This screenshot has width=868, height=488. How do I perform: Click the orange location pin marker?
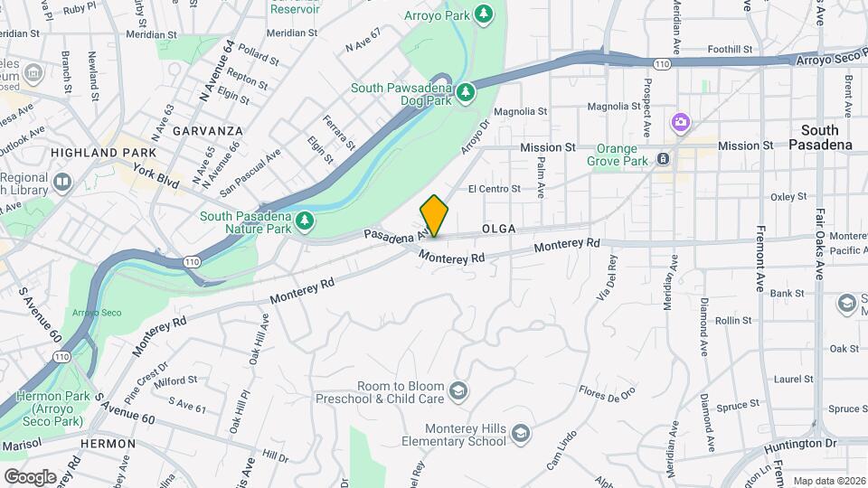pos(435,216)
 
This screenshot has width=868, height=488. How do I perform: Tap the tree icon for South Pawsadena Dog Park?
pos(467,92)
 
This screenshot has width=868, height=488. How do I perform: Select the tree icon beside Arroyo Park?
pos(486,13)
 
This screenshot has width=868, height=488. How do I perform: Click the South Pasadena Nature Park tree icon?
pos(307,220)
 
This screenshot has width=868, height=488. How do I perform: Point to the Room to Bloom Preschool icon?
pos(458,390)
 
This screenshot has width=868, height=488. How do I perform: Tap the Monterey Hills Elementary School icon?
pos(520,435)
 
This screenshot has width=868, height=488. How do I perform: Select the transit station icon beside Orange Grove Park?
pos(664,158)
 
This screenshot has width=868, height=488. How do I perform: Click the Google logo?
pos(30,476)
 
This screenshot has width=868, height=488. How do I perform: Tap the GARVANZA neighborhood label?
pos(210,130)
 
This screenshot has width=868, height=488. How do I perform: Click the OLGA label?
pos(498,230)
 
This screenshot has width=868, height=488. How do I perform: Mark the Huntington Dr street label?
pos(799,445)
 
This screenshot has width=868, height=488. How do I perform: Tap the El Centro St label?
pos(494,189)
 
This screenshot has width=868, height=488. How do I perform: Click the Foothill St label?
pos(731,49)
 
